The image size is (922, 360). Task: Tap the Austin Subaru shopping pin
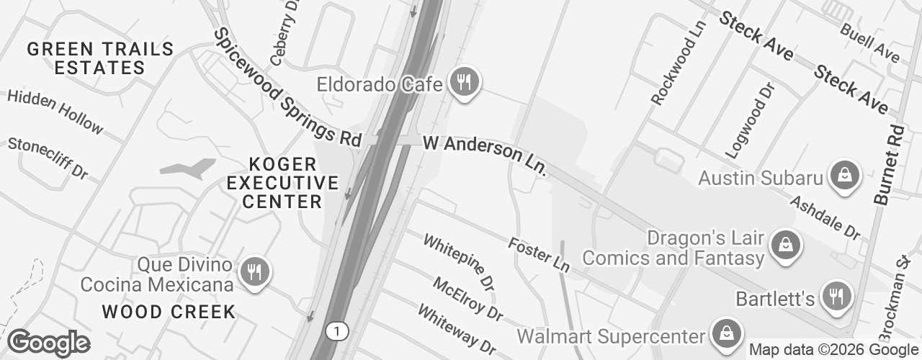(842, 176)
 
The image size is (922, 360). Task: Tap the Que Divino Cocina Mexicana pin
(253, 271)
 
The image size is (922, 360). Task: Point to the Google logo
(48, 343)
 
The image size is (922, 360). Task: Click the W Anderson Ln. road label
(485, 155)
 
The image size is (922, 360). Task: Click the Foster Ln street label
(539, 254)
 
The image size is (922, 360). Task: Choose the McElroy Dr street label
(467, 298)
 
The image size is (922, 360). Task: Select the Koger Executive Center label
(282, 183)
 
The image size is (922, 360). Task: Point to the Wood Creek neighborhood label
(169, 312)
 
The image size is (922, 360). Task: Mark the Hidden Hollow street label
(55, 111)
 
